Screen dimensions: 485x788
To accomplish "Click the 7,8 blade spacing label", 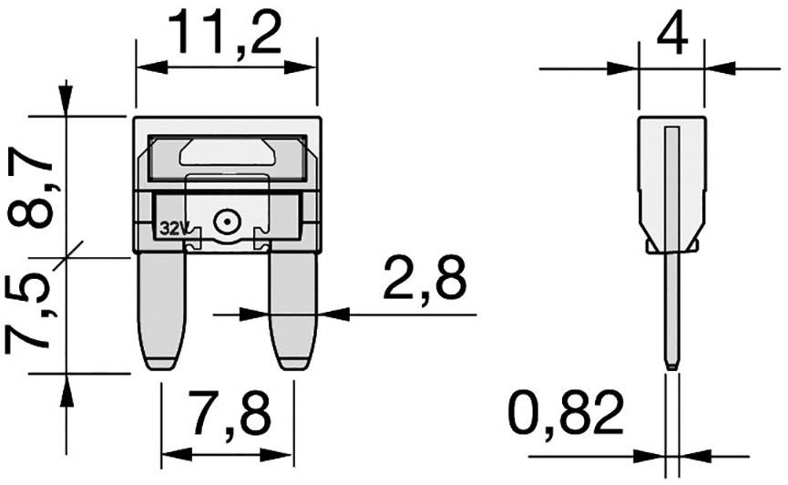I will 229,415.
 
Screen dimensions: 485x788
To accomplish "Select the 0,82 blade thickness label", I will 567,415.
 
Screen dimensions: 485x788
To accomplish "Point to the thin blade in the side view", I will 670,310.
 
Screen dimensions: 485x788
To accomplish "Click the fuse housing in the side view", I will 670,182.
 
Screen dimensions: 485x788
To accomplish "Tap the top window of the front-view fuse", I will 226,155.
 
